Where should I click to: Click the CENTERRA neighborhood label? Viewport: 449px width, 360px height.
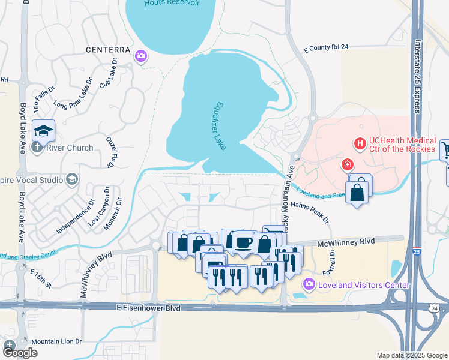(x=108, y=49)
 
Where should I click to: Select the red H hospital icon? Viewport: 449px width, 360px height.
(x=360, y=143)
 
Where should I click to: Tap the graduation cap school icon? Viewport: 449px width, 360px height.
(x=44, y=130)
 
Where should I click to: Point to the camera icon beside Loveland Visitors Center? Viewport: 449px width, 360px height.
(x=309, y=284)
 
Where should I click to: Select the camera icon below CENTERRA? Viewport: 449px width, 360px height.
(x=141, y=56)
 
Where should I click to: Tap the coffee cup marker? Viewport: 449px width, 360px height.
(x=243, y=242)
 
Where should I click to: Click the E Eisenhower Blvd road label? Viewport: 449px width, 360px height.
(x=148, y=307)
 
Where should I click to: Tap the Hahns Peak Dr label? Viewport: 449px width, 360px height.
(x=311, y=213)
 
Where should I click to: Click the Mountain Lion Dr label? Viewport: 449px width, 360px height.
(x=56, y=341)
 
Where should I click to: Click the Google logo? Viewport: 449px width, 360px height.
(x=19, y=353)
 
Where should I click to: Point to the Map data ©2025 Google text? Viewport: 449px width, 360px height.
(x=411, y=355)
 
